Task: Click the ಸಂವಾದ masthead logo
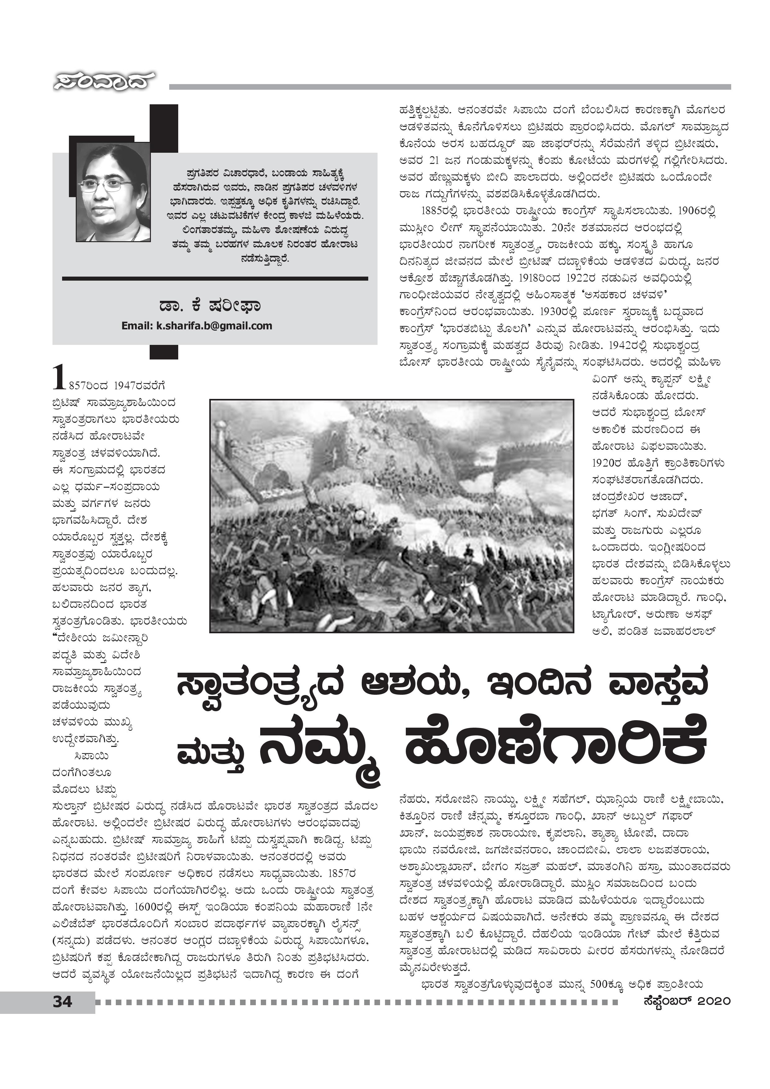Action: coord(103,82)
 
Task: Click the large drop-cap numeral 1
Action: coord(58,377)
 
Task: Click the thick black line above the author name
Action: coord(215,278)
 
